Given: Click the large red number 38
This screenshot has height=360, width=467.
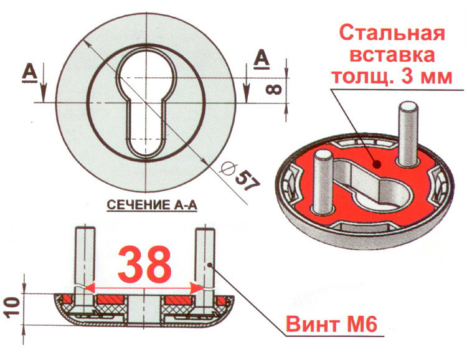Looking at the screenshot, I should pos(144,264).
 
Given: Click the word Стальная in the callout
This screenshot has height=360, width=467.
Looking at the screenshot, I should pos(392,32).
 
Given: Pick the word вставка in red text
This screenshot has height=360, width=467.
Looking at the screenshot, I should pos(392,56).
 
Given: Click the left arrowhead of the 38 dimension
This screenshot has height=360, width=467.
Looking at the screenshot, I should pos(89,288).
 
